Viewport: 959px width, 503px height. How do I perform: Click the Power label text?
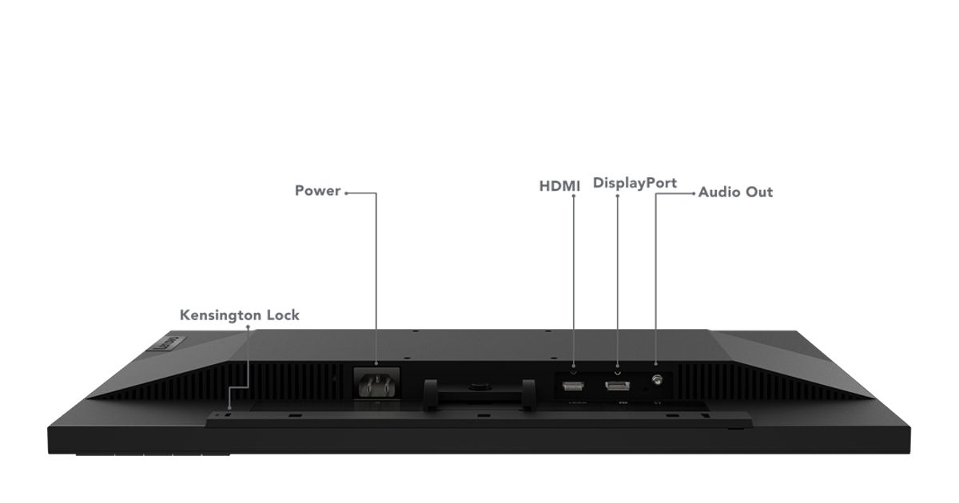(x=318, y=191)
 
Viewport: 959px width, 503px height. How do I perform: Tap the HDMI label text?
(x=559, y=187)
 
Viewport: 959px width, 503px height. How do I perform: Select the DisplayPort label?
(x=635, y=183)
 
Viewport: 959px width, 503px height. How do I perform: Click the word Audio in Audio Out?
(x=719, y=192)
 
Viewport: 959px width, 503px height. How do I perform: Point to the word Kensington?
(x=221, y=315)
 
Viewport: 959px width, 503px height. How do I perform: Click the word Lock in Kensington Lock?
(x=283, y=315)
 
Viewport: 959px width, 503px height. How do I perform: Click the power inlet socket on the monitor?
(x=376, y=385)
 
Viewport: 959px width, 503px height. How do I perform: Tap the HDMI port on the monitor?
(x=573, y=386)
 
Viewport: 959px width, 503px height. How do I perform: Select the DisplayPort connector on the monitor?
(x=617, y=386)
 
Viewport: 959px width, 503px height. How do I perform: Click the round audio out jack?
(x=657, y=379)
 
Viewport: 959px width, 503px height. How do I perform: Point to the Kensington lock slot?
(x=229, y=415)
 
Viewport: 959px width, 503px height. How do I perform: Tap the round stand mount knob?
(x=479, y=387)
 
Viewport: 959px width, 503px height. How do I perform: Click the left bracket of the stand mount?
(x=431, y=394)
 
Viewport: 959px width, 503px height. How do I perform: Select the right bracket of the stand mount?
(x=528, y=394)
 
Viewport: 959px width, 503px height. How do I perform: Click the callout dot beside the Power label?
(x=346, y=193)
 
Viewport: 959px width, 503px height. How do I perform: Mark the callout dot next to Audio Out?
(x=694, y=193)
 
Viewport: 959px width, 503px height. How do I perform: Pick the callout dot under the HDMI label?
(x=573, y=196)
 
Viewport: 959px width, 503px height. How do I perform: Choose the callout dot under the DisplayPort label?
(x=617, y=196)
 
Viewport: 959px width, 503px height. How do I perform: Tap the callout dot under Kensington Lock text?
(x=248, y=327)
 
